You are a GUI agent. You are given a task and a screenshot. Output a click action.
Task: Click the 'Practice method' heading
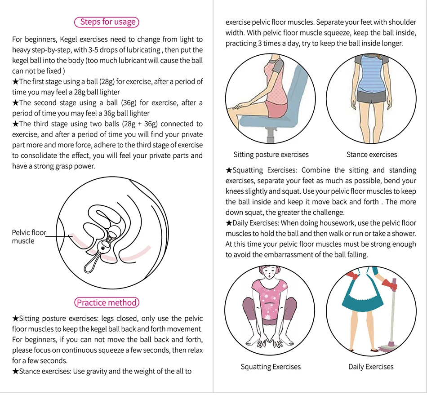(x=107, y=302)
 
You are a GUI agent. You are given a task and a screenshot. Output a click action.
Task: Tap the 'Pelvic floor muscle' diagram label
(x=29, y=236)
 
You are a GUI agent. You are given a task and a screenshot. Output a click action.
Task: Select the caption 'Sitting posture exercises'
(x=271, y=155)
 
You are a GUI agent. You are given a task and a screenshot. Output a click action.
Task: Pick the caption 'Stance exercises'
(x=372, y=155)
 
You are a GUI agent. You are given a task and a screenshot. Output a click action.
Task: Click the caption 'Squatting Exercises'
(x=271, y=367)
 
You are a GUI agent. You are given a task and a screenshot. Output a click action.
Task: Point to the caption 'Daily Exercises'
(x=371, y=367)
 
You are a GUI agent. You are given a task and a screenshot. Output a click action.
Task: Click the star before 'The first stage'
(x=16, y=81)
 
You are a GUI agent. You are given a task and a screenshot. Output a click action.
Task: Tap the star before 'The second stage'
(x=16, y=102)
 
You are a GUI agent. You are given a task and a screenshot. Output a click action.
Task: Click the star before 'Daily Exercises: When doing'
(x=229, y=223)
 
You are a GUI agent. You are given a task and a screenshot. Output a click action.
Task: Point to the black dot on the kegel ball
(x=103, y=248)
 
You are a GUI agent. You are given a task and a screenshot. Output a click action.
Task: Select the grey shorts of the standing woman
(x=371, y=96)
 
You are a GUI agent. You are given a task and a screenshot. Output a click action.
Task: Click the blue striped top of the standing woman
(x=371, y=74)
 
